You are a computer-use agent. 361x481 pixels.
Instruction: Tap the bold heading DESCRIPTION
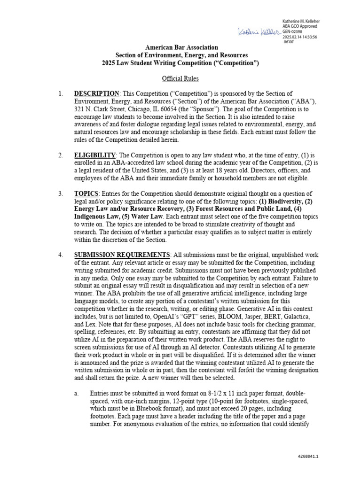coord(96,94)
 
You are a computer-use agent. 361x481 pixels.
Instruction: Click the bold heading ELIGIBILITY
coord(95,155)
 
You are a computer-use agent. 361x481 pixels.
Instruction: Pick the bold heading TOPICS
coord(86,194)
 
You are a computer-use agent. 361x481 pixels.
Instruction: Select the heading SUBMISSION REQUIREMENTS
coord(122,255)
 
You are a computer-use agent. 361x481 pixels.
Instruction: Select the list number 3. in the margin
coord(61,194)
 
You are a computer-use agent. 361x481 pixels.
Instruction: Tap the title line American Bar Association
coord(181,47)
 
